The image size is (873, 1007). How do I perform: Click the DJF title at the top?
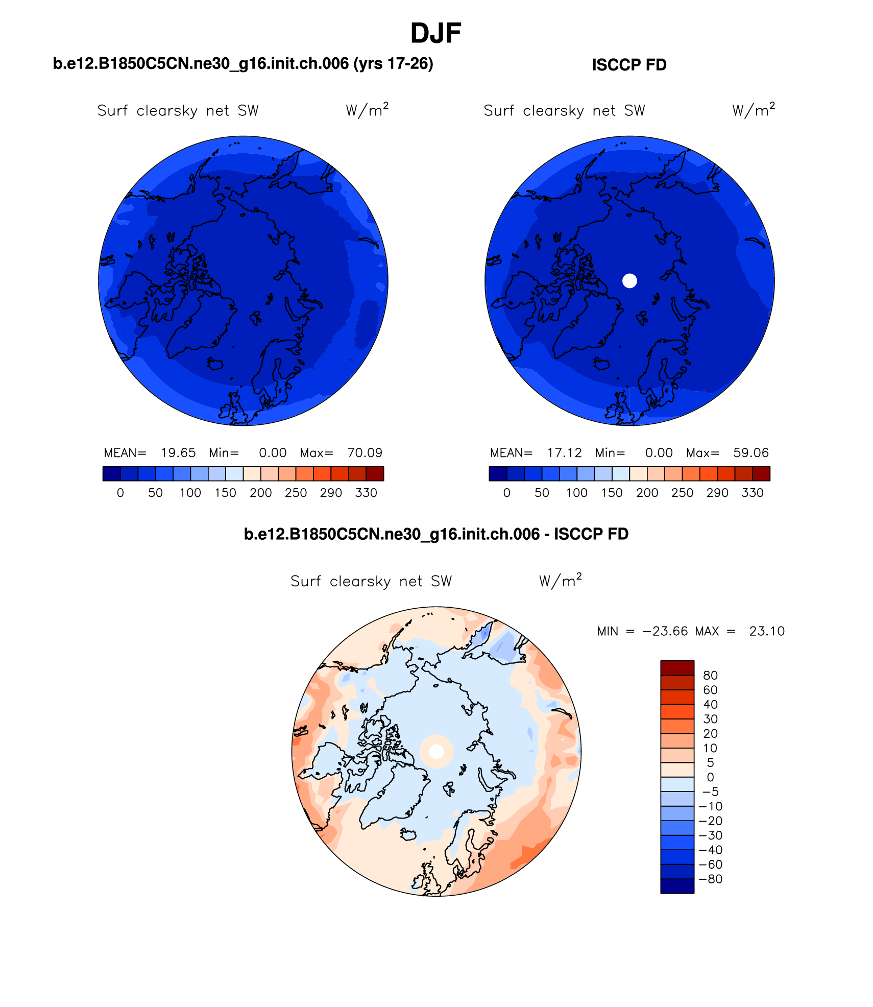435,34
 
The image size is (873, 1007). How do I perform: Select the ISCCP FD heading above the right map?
629,65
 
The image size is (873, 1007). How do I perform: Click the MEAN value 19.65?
178,453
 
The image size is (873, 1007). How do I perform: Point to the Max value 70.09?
365,453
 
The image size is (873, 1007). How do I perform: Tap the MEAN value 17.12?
564,453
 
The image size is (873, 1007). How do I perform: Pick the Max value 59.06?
750,453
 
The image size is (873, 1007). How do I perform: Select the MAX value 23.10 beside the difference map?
767,632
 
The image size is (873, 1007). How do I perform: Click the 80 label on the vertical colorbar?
710,676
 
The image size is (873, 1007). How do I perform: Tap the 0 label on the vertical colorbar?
710,777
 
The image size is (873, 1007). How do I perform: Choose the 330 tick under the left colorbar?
366,493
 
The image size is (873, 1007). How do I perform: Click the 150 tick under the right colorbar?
612,493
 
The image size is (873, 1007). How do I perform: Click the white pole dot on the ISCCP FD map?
629,281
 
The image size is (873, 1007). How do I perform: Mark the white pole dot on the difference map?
436,751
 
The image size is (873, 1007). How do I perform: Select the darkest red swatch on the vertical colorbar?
677,668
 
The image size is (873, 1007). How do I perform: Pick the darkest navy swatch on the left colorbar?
111,474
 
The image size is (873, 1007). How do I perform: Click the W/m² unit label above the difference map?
560,581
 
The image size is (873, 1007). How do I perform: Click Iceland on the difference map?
408,834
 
